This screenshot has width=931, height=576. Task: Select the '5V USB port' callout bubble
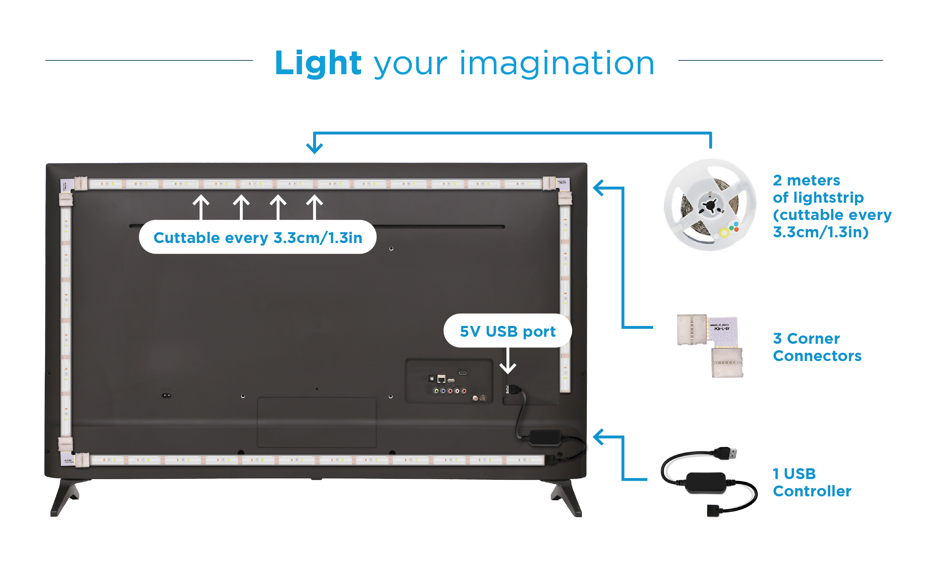pyautogui.click(x=508, y=331)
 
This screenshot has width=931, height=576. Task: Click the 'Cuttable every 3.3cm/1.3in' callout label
pyautogui.click(x=257, y=237)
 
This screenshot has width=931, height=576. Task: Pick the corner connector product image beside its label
pyautogui.click(x=710, y=345)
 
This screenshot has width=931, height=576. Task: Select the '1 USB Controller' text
pyautogui.click(x=811, y=482)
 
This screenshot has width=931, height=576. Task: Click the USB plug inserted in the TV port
pyautogui.click(x=513, y=389)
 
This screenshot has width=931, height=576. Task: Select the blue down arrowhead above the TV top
pyautogui.click(x=315, y=148)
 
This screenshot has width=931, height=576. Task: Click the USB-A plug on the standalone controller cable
pyautogui.click(x=725, y=453)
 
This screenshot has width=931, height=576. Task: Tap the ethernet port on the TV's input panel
pyautogui.click(x=441, y=379)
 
